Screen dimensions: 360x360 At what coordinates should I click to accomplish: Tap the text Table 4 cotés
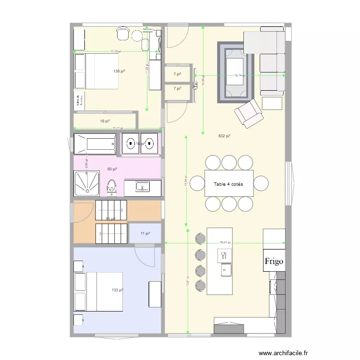pos(228,184)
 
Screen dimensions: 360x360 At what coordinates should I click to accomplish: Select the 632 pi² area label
pos(224,136)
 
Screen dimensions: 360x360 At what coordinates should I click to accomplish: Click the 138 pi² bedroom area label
pos(119,72)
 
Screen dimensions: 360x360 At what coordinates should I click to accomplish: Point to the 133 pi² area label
pos(118,290)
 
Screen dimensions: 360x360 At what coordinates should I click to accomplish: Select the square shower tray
pos(86,182)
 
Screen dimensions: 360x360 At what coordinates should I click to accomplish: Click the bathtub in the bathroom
pos(95,144)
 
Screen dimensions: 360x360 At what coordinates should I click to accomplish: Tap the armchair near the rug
pos(248,113)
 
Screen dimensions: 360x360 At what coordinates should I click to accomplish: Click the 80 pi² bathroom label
pos(112,169)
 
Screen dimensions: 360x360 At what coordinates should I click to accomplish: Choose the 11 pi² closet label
pos(145,233)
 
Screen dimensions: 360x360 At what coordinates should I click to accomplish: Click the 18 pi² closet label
pos(105,121)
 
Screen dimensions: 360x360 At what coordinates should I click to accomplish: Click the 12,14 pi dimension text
pos(240,75)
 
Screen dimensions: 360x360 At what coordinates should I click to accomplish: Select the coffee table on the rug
pos(235,71)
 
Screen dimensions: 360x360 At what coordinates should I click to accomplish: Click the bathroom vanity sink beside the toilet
pos(142,186)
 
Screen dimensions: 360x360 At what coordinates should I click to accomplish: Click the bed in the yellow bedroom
pos(96,71)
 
